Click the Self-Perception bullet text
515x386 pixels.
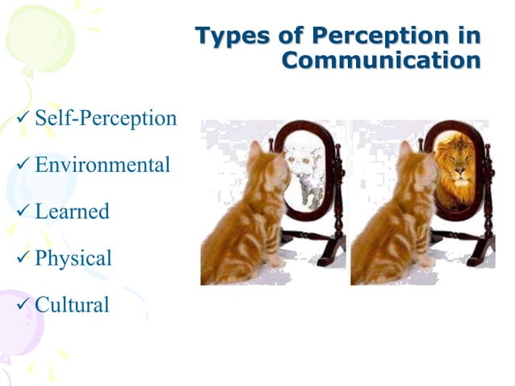[x=106, y=119]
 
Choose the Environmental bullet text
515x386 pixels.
[x=103, y=166]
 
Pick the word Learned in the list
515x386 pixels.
[x=72, y=212]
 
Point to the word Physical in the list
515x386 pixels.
[x=73, y=258]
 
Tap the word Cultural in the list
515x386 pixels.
[x=72, y=305]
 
